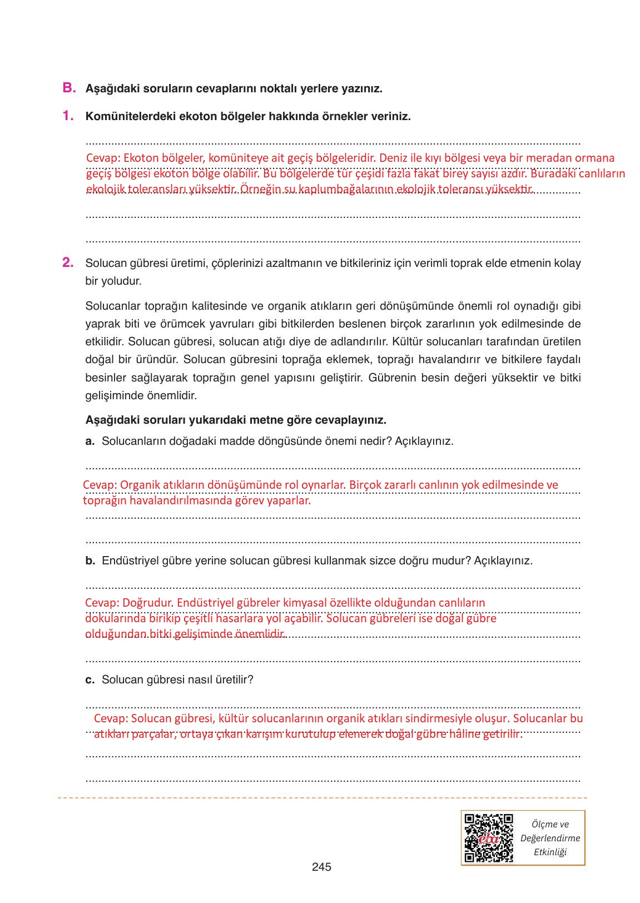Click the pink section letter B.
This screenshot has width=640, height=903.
pyautogui.click(x=68, y=88)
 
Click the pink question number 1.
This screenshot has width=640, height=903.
pyautogui.click(x=68, y=116)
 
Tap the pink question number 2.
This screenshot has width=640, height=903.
pyautogui.click(x=68, y=262)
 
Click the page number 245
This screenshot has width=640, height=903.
pyautogui.click(x=321, y=866)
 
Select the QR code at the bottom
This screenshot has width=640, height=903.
pyautogui.click(x=488, y=838)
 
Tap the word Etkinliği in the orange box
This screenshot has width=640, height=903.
pyautogui.click(x=549, y=852)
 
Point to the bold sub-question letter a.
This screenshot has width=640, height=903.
pyautogui.click(x=90, y=441)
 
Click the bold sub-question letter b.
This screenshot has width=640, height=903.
pyautogui.click(x=90, y=561)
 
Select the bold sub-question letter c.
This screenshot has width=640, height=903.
pyautogui.click(x=90, y=680)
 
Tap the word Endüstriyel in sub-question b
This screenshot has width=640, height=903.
pyautogui.click(x=128, y=561)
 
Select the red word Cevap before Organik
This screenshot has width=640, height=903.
pyautogui.click(x=97, y=485)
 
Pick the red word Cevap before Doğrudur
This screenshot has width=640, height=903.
pyautogui.click(x=100, y=603)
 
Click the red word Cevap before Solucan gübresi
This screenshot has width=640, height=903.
pyautogui.click(x=109, y=718)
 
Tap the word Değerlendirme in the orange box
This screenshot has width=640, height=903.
pyautogui.click(x=549, y=838)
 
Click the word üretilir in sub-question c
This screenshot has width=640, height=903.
pyautogui.click(x=236, y=680)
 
